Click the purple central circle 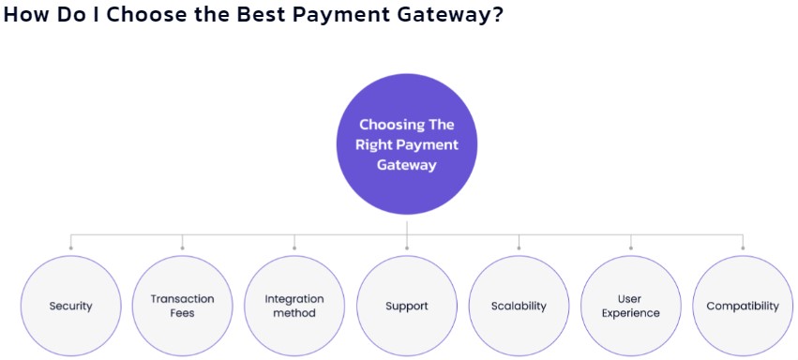407,144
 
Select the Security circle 70,306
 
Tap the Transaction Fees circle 182,306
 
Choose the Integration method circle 294,306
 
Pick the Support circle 407,306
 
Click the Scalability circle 519,306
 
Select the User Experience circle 631,306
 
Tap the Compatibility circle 743,306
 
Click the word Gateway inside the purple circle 407,164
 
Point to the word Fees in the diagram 182,313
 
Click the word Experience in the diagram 631,313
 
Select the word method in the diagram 294,313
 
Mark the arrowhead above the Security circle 70,248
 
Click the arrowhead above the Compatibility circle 743,248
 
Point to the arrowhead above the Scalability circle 519,248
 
